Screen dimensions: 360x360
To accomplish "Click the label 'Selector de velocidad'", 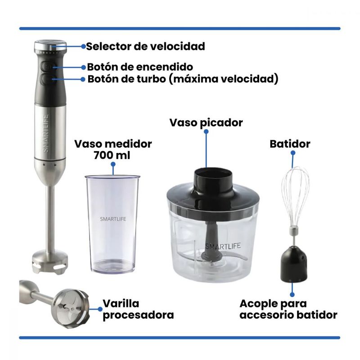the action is pyautogui.click(x=145, y=46).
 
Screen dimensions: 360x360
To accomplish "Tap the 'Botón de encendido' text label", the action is pyautogui.click(x=140, y=67).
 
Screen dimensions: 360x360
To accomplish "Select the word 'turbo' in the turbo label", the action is pyautogui.click(x=151, y=79).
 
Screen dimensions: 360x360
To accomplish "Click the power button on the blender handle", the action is pyautogui.click(x=47, y=67).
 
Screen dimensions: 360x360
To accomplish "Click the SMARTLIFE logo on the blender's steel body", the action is pyautogui.click(x=46, y=133).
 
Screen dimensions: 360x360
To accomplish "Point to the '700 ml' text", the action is pyautogui.click(x=112, y=155).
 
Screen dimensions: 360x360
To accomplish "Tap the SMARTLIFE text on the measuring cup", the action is pyautogui.click(x=113, y=219).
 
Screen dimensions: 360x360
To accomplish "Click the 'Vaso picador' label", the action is pyautogui.click(x=206, y=122).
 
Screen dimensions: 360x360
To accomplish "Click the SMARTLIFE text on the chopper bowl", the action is pyautogui.click(x=223, y=246).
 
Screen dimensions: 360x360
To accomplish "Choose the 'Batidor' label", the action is pyautogui.click(x=290, y=144).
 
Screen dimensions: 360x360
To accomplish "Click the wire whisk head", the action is pyautogui.click(x=295, y=198).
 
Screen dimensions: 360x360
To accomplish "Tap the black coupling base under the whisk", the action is pyautogui.click(x=294, y=264).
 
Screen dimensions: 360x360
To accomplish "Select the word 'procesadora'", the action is pyautogui.click(x=138, y=315).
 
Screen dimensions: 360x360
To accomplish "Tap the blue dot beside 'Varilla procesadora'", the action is pyautogui.click(x=100, y=309).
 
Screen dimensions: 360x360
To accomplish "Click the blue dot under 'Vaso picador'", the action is pyautogui.click(x=206, y=131).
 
